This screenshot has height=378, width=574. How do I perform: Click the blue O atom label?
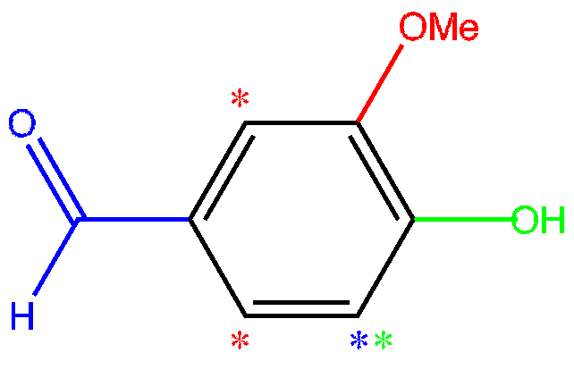(x=23, y=124)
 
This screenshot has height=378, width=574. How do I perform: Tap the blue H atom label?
(x=23, y=316)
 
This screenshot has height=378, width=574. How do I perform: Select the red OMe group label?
(x=438, y=28)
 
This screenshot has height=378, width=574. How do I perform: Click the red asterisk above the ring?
(x=240, y=100)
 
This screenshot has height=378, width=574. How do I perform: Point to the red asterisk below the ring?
(x=240, y=341)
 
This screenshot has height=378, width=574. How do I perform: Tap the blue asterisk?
(x=359, y=341)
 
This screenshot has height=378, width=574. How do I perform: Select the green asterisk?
(x=383, y=341)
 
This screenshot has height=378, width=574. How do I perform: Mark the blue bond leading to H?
(x=56, y=256)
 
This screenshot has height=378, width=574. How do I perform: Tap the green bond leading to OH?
(x=461, y=219)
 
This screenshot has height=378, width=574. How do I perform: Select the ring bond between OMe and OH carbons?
(x=384, y=171)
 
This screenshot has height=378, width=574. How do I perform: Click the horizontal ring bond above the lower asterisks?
(x=301, y=315)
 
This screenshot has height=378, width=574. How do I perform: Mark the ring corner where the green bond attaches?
(x=413, y=219)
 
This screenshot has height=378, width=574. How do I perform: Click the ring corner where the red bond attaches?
(x=357, y=122)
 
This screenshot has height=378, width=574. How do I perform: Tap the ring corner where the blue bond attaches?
(x=190, y=219)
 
